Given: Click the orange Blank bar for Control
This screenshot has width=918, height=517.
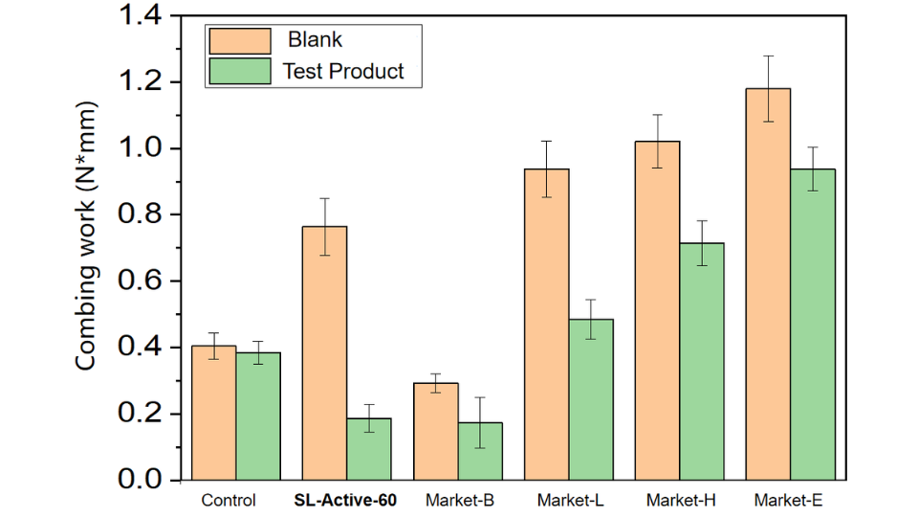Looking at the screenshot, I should click(x=213, y=414).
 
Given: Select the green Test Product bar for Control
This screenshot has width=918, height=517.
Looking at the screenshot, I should click(x=258, y=417).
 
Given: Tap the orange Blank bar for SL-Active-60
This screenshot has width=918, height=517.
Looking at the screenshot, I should click(x=324, y=354).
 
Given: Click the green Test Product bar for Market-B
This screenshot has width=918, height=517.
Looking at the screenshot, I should click(x=479, y=452).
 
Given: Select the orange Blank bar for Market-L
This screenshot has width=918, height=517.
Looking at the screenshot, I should click(x=545, y=326).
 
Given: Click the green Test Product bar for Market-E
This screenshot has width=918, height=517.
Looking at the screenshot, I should click(x=812, y=326).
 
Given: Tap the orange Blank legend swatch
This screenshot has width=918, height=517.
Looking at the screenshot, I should click(x=239, y=41).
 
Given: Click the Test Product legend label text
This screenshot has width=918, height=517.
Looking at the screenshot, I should click(x=343, y=71).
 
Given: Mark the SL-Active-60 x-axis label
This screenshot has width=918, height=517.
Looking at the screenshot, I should click(x=346, y=501).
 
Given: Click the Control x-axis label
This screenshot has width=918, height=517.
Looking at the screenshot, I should click(x=229, y=501).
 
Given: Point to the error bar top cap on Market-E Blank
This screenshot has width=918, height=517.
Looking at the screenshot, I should click(x=767, y=56).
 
